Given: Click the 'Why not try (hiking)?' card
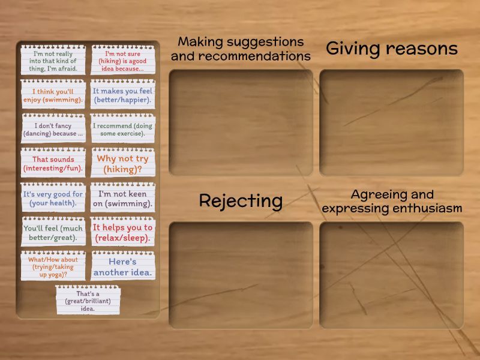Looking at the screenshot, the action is [x=123, y=163].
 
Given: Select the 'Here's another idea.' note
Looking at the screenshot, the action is [x=123, y=266].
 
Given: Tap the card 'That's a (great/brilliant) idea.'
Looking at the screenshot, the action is [x=88, y=300].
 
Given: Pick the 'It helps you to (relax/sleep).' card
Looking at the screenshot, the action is [x=123, y=232].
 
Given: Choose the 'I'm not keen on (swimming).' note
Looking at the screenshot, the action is [x=123, y=197].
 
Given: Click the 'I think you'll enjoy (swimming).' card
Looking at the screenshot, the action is [x=53, y=94].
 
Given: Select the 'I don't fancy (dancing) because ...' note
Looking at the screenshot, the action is [x=53, y=128].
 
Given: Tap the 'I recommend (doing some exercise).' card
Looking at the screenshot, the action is [x=123, y=128].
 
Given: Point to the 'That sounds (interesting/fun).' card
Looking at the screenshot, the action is [x=53, y=163].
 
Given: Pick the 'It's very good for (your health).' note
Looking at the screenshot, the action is [x=53, y=197].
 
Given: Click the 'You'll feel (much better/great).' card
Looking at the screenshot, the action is [x=53, y=232].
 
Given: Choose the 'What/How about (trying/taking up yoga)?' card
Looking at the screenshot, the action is [x=53, y=266].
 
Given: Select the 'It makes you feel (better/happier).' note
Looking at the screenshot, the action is [x=123, y=94].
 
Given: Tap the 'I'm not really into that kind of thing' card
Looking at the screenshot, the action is [x=53, y=59].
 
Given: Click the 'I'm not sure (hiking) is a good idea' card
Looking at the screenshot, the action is [x=123, y=59].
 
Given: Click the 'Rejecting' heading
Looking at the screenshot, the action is [x=241, y=202].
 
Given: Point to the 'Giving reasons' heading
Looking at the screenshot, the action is [x=392, y=49].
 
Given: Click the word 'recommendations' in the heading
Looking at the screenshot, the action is [x=254, y=56].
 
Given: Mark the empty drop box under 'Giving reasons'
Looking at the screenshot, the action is [x=392, y=122].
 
